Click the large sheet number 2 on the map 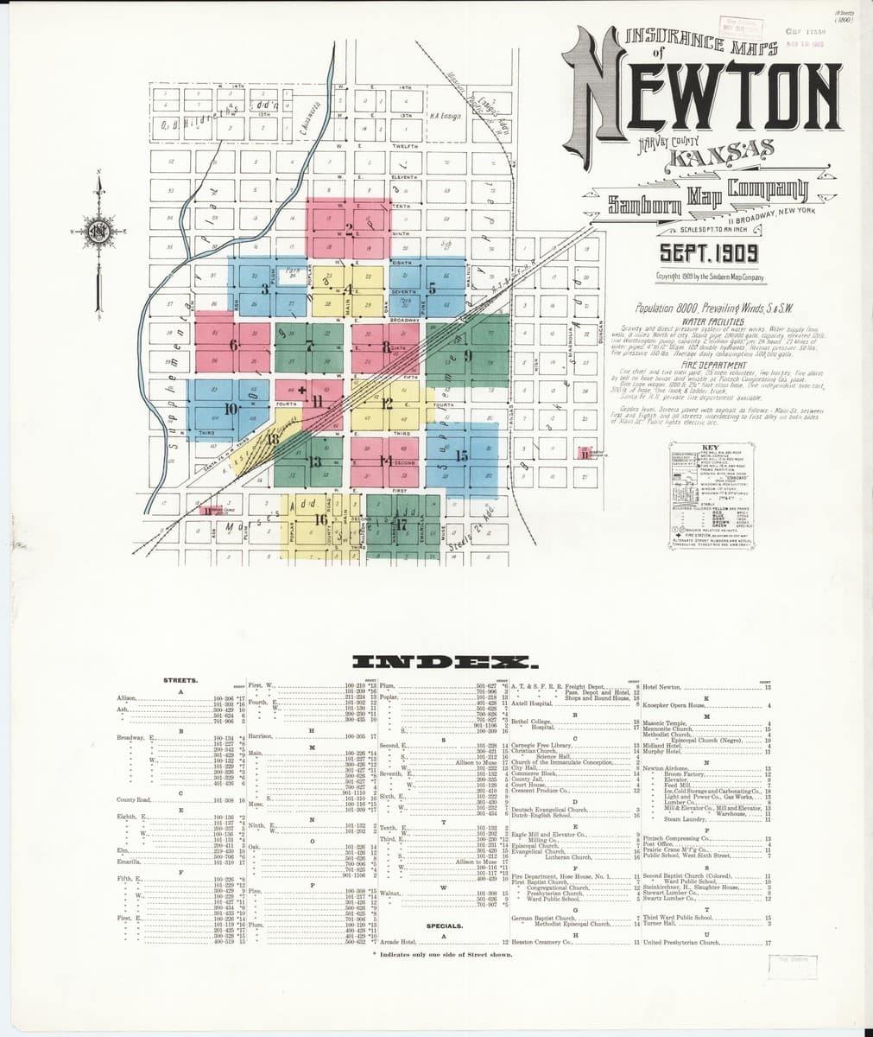(x=350, y=230)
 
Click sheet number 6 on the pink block (x=233, y=346)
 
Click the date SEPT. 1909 (x=709, y=253)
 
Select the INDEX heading (x=446, y=664)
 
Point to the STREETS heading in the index (x=180, y=680)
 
